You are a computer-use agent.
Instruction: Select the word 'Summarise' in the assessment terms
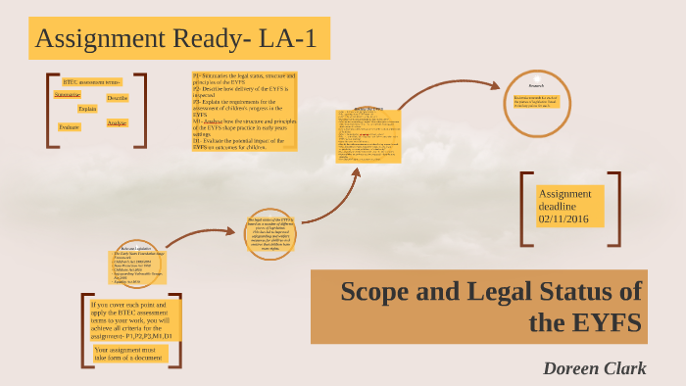(x=68, y=95)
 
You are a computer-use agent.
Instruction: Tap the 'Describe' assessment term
(x=118, y=98)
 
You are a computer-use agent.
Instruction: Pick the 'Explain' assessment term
(x=87, y=109)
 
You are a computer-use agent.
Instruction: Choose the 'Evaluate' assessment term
(x=69, y=127)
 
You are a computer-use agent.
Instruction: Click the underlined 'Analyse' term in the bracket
(x=117, y=122)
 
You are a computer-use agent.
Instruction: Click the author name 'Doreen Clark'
(x=595, y=366)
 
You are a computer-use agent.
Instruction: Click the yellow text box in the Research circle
(x=536, y=101)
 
